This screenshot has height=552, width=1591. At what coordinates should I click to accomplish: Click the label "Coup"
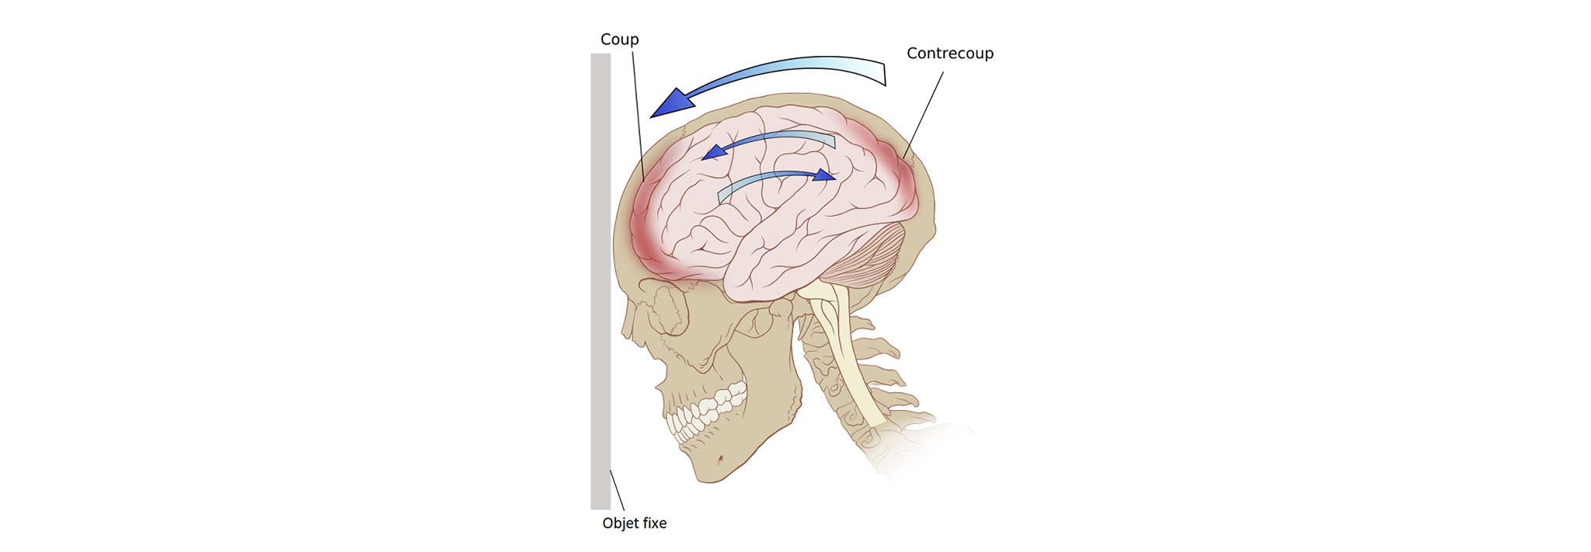619,40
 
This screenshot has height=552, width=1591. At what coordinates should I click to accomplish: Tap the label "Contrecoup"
949,54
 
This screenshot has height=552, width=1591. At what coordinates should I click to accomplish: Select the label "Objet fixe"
634,523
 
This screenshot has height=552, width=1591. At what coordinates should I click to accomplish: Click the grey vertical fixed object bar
601,279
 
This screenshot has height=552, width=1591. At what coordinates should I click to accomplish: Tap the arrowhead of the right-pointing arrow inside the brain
825,175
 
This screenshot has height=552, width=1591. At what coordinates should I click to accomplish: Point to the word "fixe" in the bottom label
653,523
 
